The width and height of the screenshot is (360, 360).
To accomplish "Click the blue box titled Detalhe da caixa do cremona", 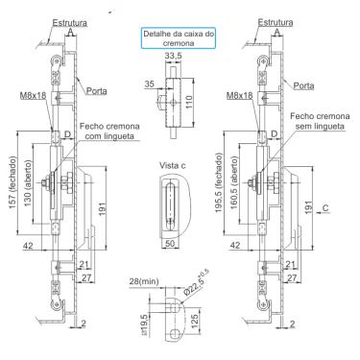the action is point(179,38).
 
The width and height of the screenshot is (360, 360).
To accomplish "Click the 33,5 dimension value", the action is point(173,56).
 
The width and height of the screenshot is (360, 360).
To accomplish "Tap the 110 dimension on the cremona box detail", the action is point(189,102).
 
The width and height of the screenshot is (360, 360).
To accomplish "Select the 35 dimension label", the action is point(149,84).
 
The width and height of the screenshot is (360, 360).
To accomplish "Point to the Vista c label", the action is point(173,165).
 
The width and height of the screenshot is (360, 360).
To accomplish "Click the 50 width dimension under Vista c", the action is point(170,243).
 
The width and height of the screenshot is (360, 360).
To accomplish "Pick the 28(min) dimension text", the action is point(144,281).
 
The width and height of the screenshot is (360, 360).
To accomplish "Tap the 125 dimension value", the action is point(195,323).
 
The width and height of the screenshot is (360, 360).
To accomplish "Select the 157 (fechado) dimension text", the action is point(12,182).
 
